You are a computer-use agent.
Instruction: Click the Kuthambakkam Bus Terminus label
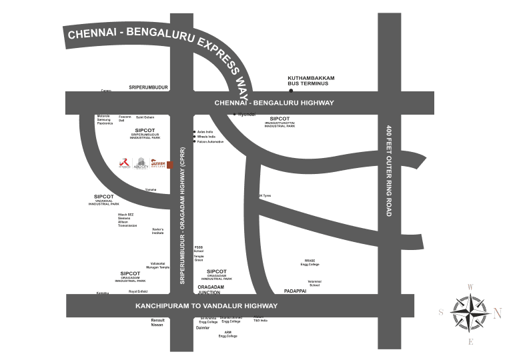pyautogui.click(x=311, y=81)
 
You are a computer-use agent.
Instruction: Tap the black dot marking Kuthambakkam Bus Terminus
pyautogui.click(x=291, y=90)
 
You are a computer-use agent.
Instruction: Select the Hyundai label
pyautogui.click(x=247, y=115)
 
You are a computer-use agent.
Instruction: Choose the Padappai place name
pyautogui.click(x=295, y=291)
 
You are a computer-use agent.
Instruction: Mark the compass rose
pyautogui.click(x=470, y=313)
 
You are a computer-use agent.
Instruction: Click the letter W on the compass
pyautogui.click(x=470, y=287)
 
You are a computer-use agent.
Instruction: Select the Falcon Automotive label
pyautogui.click(x=211, y=142)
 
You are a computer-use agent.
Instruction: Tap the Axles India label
pyautogui.click(x=204, y=132)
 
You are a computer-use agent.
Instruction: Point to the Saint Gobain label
pyautogui.click(x=145, y=117)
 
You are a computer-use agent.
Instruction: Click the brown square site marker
pyautogui.click(x=169, y=165)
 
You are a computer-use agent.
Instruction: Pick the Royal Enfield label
pyautogui.click(x=138, y=291)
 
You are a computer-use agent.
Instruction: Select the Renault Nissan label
pyautogui.click(x=157, y=322)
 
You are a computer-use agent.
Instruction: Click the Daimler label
pyautogui.click(x=203, y=328)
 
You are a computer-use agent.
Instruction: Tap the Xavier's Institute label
pyautogui.click(x=157, y=231)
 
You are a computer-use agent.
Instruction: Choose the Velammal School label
pyautogui.click(x=314, y=283)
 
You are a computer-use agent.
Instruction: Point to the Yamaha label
pyautogui.click(x=151, y=189)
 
